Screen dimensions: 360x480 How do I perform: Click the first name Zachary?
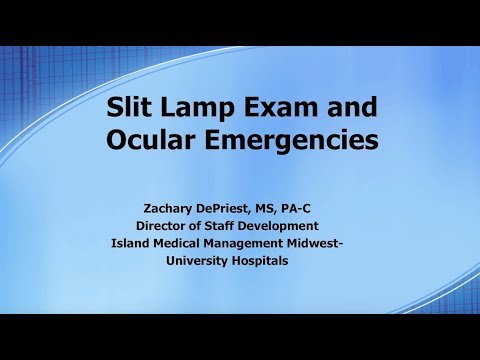pos(175,207)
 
